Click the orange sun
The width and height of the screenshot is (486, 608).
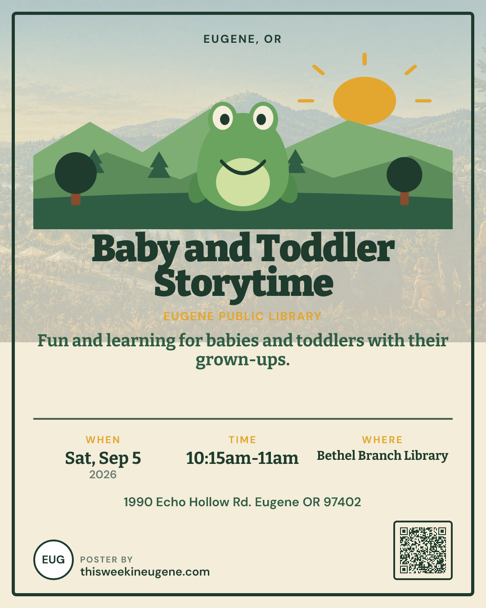pyautogui.click(x=364, y=100)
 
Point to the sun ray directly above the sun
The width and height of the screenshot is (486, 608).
pyautogui.click(x=364, y=59)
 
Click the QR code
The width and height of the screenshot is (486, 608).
pyautogui.click(x=423, y=550)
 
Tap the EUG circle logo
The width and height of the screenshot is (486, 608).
pyautogui.click(x=54, y=560)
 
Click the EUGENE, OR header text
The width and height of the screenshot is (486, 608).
pyautogui.click(x=243, y=39)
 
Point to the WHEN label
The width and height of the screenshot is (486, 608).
pyautogui.click(x=103, y=440)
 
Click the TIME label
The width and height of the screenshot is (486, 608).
pyautogui.click(x=243, y=440)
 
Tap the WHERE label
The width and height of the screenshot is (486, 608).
pyautogui.click(x=382, y=440)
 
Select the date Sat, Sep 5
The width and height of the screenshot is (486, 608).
pyautogui.click(x=103, y=458)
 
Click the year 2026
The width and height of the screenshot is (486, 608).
pyautogui.click(x=103, y=475)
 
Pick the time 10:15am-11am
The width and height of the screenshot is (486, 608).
pyautogui.click(x=242, y=458)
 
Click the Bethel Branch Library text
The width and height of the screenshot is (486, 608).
pyautogui.click(x=382, y=456)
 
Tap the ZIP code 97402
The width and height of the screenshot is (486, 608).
pyautogui.click(x=342, y=502)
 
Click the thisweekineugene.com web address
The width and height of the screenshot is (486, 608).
pyautogui.click(x=145, y=572)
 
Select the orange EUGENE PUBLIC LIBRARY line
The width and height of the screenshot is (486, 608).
pyautogui.click(x=243, y=316)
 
